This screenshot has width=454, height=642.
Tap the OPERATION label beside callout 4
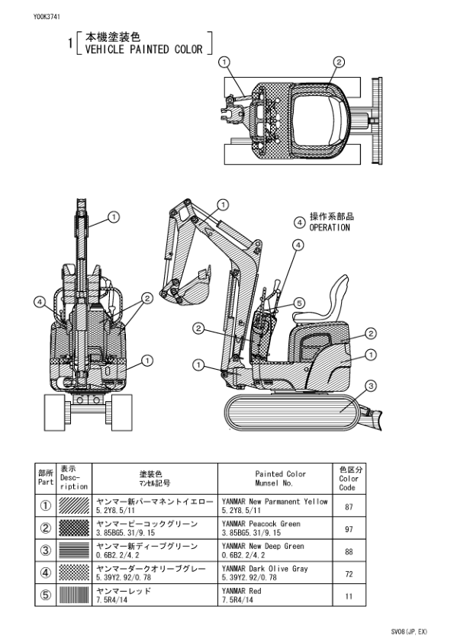330,227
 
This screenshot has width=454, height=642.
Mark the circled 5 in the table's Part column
45,595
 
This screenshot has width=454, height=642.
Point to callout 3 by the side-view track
370,387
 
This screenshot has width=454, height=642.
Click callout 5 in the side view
299,303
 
